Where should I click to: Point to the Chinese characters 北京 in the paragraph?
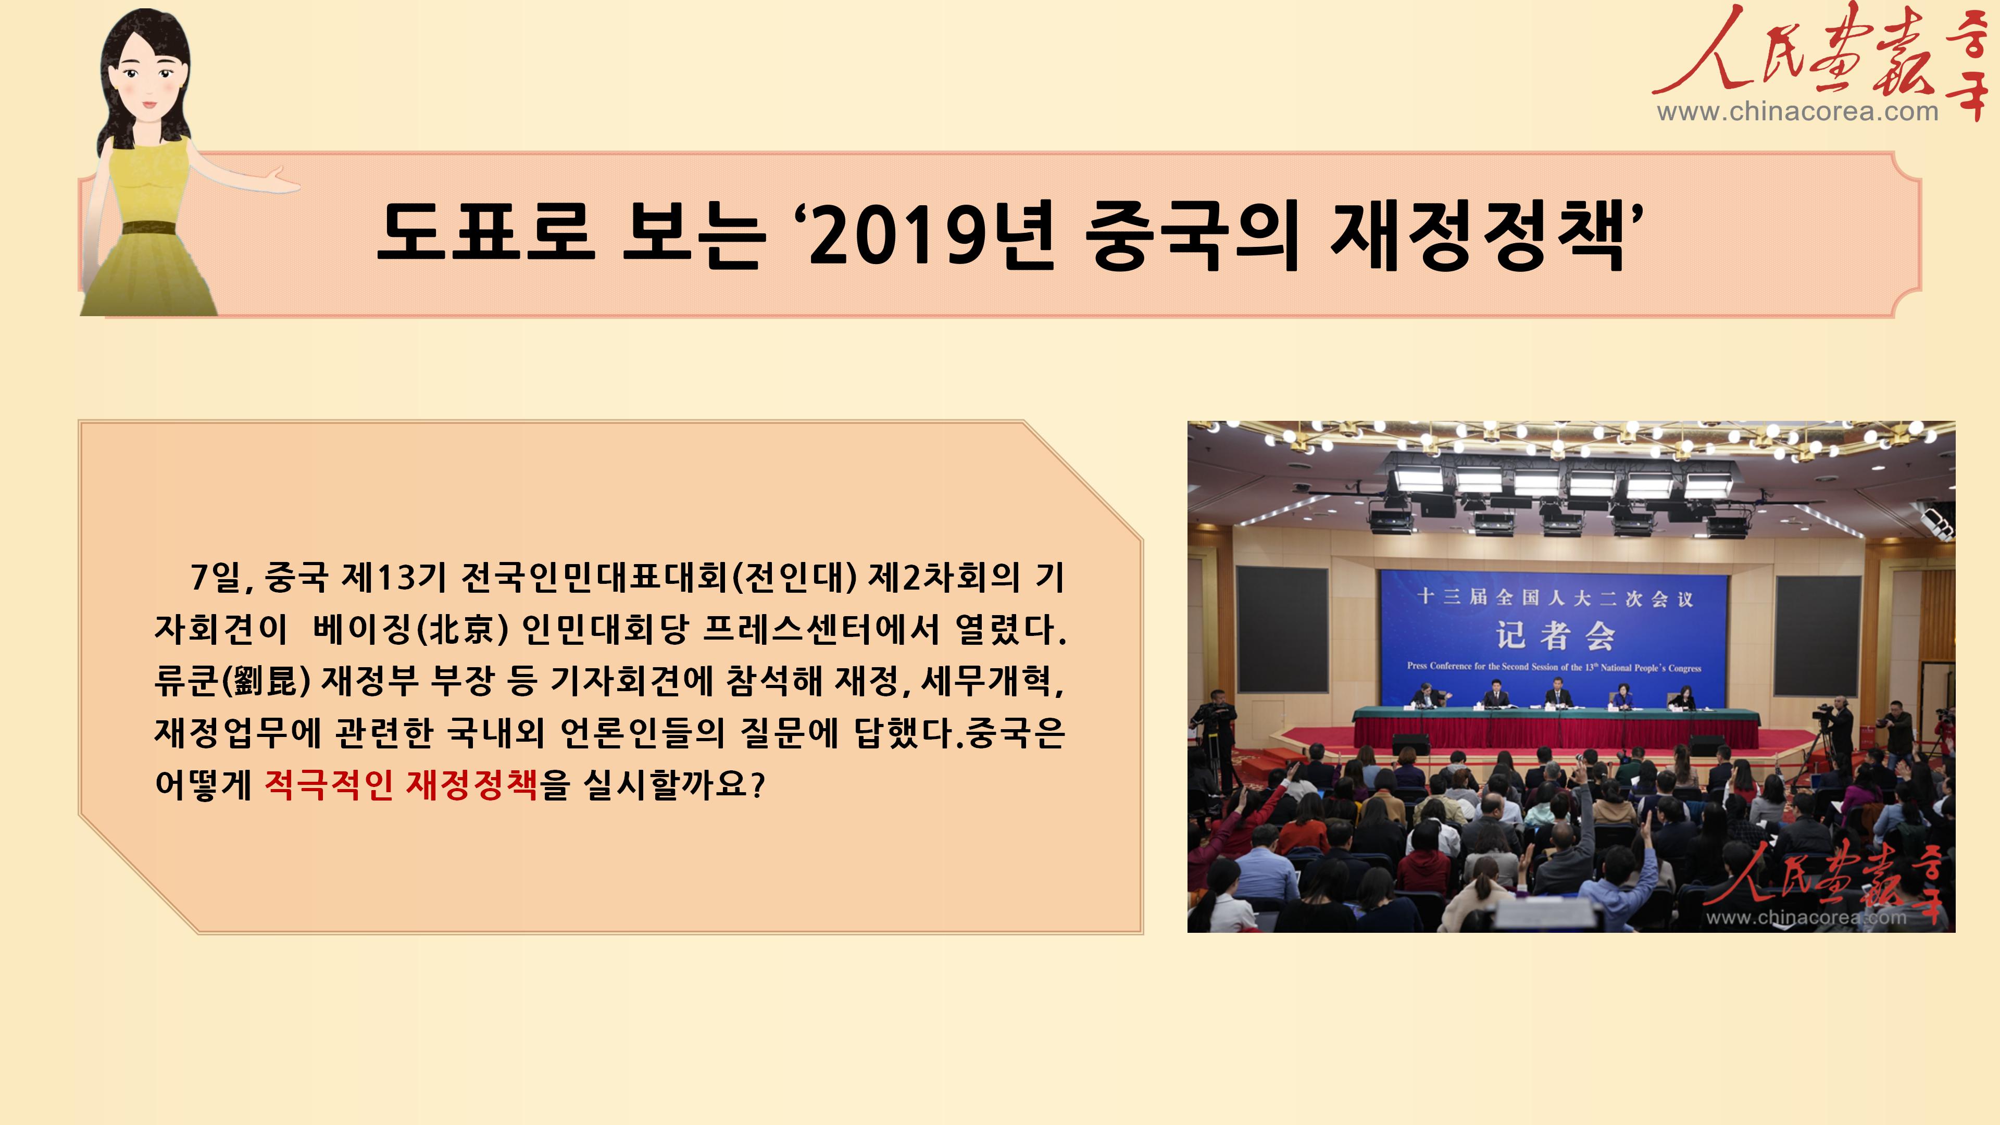click(x=462, y=629)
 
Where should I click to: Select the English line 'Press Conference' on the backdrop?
click(x=1554, y=667)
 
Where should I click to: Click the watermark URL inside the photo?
click(x=1806, y=918)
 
